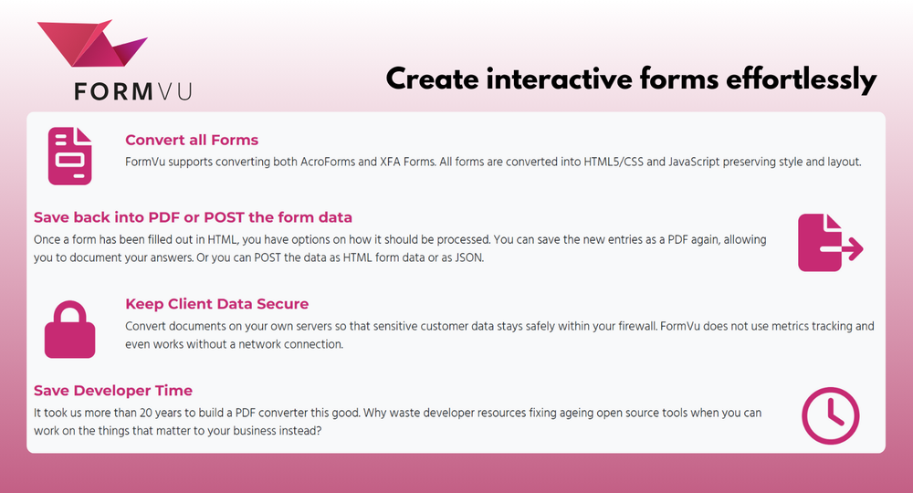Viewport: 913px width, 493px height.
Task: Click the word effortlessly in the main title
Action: [802, 79]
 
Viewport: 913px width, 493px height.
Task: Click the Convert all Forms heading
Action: [192, 141]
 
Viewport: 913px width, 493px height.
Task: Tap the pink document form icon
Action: [70, 157]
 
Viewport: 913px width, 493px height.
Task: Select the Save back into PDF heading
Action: [193, 217]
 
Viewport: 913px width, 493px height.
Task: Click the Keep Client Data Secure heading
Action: [216, 304]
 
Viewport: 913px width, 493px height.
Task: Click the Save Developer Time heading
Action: [113, 391]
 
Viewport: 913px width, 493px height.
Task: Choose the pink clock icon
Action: [830, 415]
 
